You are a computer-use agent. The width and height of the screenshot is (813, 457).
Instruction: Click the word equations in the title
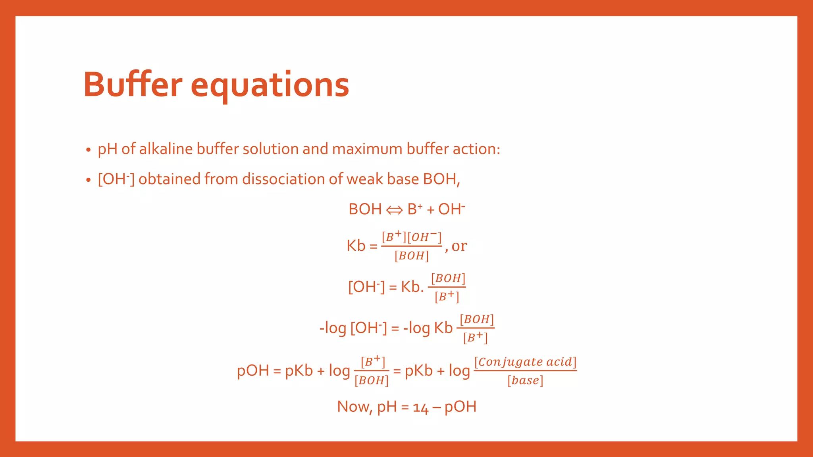coord(270,86)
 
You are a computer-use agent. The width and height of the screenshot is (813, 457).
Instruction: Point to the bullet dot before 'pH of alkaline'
coord(88,150)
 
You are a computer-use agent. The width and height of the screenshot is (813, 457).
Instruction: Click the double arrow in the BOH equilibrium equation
coord(394,210)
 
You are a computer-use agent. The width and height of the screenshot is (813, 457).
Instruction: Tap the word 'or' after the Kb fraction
coord(459,246)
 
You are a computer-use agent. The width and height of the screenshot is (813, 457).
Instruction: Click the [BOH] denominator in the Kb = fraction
coord(412,256)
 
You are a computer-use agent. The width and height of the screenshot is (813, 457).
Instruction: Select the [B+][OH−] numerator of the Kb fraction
coord(412,237)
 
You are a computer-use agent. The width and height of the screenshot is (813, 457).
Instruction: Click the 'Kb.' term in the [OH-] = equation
coord(412,287)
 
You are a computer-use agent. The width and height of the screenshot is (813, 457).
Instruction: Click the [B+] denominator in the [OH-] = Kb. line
coord(447,297)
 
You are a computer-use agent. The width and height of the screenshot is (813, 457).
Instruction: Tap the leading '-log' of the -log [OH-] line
coord(333,328)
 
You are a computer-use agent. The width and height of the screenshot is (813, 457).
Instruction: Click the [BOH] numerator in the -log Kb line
coord(476,319)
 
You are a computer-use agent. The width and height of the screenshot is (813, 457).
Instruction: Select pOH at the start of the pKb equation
coord(253,371)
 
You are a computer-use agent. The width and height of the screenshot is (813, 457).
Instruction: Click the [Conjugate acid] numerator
coord(525,361)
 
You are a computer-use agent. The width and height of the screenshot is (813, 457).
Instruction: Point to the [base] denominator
coord(525,380)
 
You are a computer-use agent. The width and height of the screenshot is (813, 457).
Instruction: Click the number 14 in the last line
coord(420,407)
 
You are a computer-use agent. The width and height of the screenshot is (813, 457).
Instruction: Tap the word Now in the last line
coord(353,407)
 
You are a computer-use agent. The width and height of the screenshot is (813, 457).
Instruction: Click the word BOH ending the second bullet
coord(440,179)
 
